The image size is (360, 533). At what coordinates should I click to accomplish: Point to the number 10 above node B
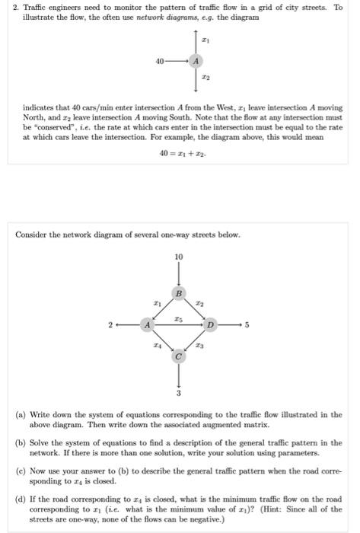pyautogui.click(x=179, y=257)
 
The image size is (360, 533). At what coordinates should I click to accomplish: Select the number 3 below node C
pyautogui.click(x=180, y=394)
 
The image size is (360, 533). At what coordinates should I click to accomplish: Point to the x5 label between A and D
pyautogui.click(x=179, y=318)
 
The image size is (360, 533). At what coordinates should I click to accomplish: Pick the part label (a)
pyautogui.click(x=22, y=414)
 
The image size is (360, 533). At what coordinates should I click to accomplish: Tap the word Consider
pyautogui.click(x=31, y=235)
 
